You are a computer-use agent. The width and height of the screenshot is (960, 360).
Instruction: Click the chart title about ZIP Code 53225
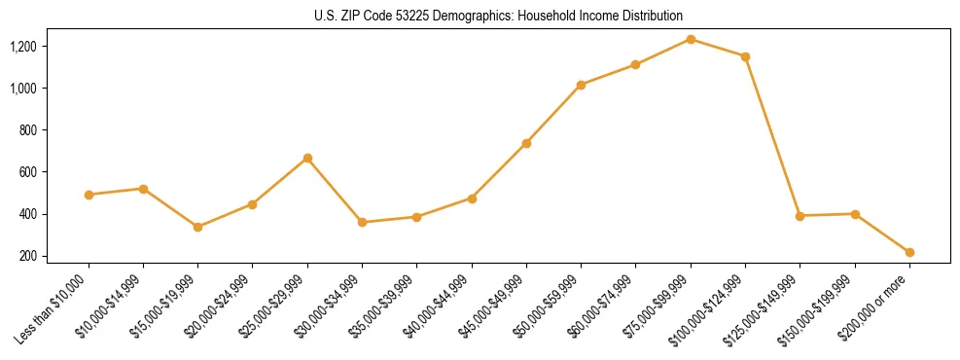click(498, 16)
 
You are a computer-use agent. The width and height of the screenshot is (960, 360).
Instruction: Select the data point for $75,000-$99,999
click(691, 39)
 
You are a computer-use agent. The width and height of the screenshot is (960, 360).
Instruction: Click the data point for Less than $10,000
click(89, 195)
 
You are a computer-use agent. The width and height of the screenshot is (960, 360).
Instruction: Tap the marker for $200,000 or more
click(909, 252)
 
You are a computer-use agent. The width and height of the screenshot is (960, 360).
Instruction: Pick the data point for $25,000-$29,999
click(307, 158)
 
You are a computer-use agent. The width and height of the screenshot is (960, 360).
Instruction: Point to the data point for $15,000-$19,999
click(198, 227)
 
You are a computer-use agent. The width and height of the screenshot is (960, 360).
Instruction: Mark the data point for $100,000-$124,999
click(745, 56)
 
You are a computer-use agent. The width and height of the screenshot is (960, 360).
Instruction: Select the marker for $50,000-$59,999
click(581, 85)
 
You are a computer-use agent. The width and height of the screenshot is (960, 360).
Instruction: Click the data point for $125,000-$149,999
click(800, 216)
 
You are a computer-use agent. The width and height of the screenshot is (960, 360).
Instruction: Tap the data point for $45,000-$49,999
click(526, 143)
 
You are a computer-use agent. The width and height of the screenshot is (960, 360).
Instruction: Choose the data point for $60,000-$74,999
click(635, 64)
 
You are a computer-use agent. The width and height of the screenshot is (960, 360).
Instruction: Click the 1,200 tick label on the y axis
click(50, 47)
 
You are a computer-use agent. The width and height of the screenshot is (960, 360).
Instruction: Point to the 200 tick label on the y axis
click(54, 256)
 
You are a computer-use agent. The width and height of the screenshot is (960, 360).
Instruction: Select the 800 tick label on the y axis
click(54, 130)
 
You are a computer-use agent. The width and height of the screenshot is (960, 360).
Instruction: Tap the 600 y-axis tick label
click(54, 172)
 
